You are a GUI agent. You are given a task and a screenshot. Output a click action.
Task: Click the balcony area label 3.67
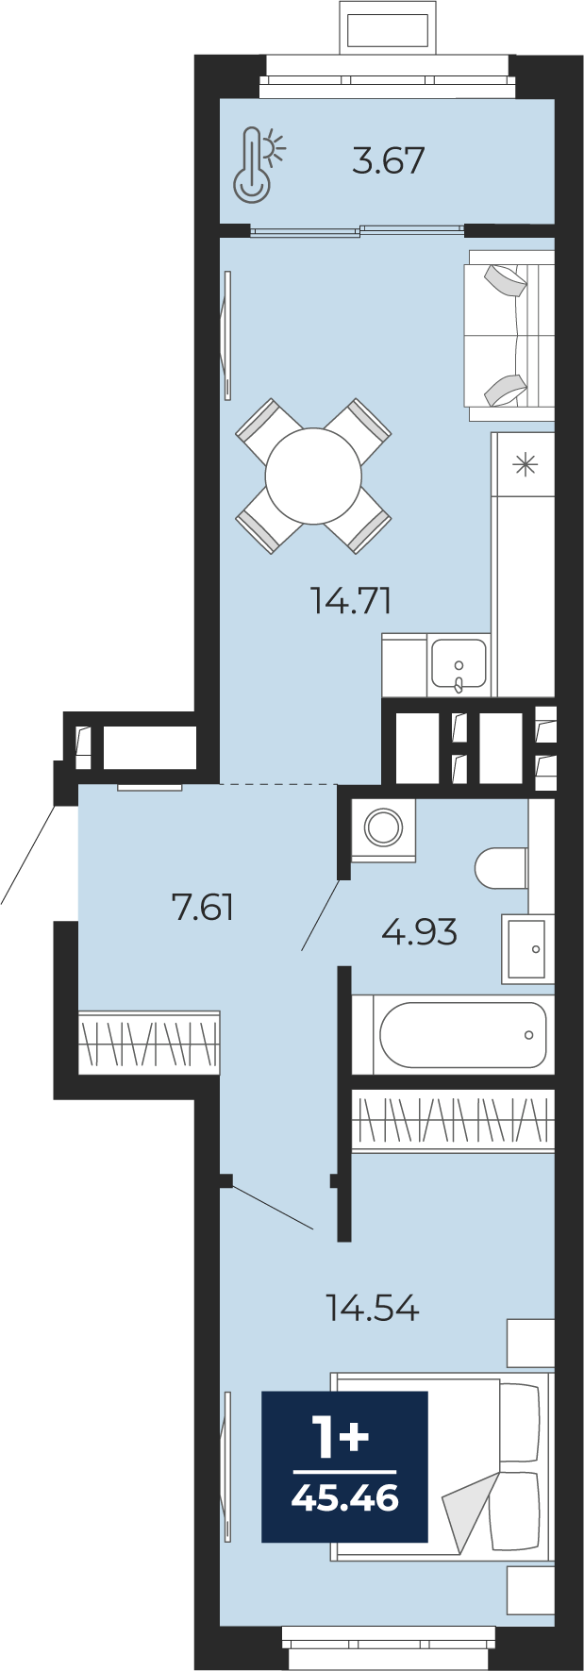coord(389,160)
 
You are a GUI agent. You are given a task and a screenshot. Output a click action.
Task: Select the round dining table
coord(313,476)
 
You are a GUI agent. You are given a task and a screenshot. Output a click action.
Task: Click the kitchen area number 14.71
coord(351,600)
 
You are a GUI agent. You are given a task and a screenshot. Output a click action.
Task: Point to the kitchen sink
coord(459,663)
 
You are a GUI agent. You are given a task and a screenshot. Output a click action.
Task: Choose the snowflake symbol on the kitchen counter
coord(525,464)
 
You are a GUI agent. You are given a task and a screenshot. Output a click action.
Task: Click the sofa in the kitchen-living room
coord(509,336)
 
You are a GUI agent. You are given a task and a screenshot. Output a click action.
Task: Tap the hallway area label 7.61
coord(203,908)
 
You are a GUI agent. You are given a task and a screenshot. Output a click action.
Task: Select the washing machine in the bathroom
coord(383,829)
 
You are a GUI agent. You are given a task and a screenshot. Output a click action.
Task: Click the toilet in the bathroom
coord(501,868)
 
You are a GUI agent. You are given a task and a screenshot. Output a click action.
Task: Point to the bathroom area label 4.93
coord(420,932)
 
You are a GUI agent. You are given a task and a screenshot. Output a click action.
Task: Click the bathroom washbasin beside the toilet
coord(527,949)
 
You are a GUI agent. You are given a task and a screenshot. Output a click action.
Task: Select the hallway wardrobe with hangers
coord(149,1043)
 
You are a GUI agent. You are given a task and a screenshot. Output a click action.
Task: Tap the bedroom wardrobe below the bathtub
coord(453,1120)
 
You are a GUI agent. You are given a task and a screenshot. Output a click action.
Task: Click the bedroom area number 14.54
coord(373,1309)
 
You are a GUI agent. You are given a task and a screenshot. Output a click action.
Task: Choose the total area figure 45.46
coord(345,1497)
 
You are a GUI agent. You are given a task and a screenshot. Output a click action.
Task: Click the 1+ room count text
coord(341,1439)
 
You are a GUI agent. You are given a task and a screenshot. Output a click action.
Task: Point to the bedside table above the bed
coord(531,1343)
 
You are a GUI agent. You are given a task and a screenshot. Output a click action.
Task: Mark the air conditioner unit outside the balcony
coord(388,30)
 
